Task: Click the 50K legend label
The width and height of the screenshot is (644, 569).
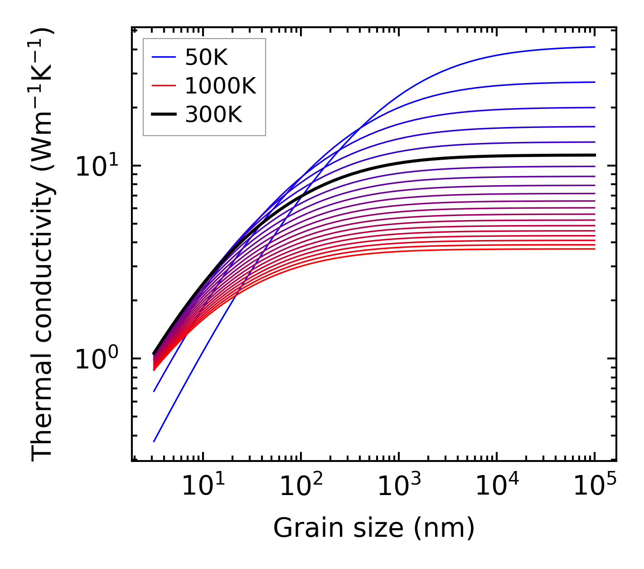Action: click(x=206, y=58)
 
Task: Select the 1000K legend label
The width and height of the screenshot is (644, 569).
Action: click(x=220, y=86)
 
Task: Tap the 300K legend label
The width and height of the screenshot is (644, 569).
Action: click(x=213, y=115)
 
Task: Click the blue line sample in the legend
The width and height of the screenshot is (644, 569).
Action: click(x=163, y=57)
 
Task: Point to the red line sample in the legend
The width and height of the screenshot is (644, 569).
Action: click(x=163, y=86)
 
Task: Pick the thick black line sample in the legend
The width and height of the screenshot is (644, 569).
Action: click(x=163, y=115)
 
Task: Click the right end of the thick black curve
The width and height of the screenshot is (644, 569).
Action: click(x=594, y=155)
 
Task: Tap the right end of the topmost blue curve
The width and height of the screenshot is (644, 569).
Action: click(x=594, y=47)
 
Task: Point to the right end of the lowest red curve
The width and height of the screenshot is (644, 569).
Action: click(x=594, y=249)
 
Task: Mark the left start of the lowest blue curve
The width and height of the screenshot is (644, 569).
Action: click(x=154, y=441)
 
